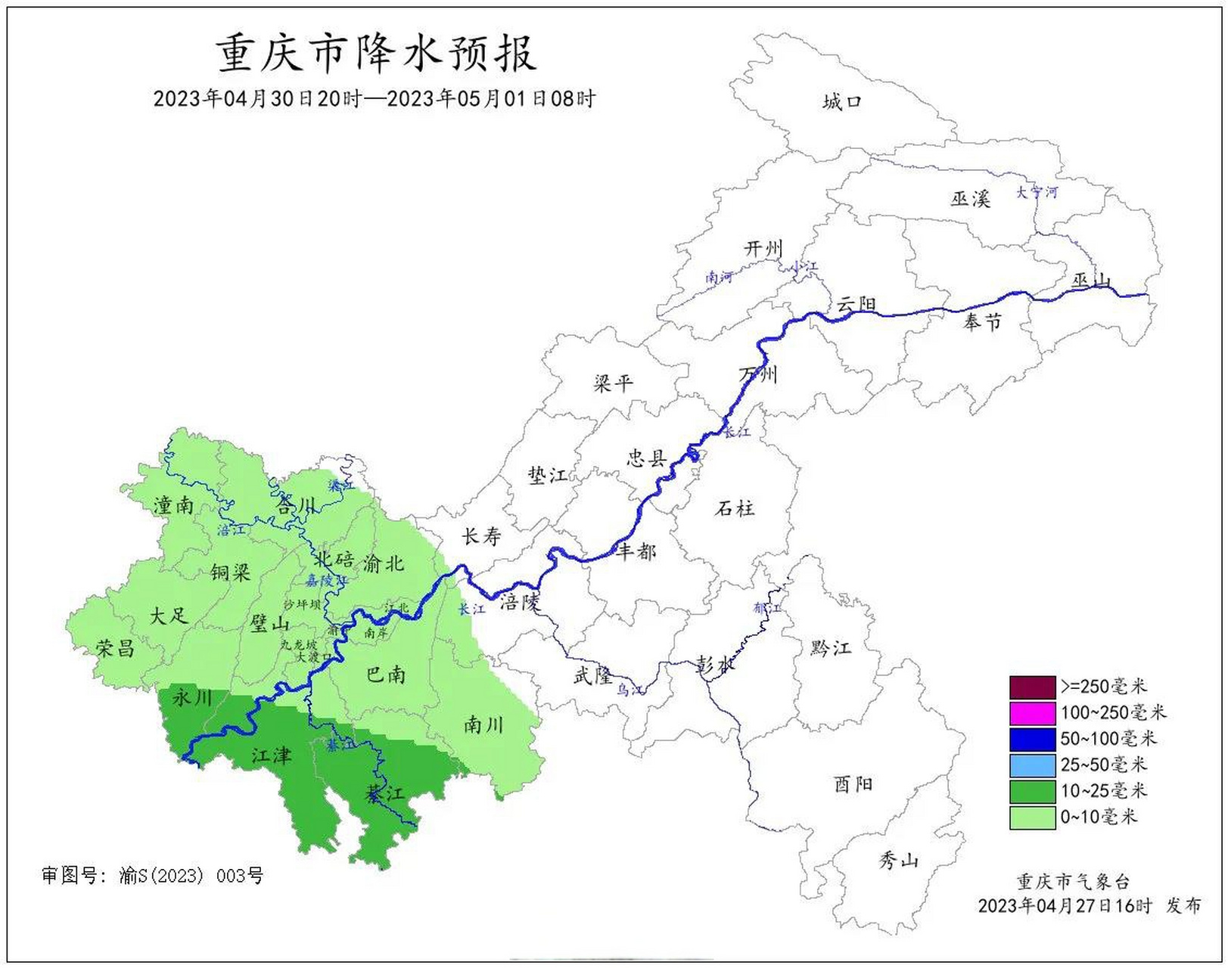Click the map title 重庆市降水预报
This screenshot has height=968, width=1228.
click(376, 54)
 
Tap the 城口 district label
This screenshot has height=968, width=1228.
click(842, 101)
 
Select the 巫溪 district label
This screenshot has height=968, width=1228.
click(970, 199)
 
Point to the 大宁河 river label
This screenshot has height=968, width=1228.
click(1036, 192)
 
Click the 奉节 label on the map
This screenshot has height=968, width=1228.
click(982, 322)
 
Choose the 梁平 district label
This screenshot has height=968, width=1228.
click(613, 383)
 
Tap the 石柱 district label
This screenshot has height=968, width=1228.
click(734, 508)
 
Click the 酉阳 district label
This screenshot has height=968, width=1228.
click(853, 784)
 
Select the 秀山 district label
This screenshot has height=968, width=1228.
click(898, 860)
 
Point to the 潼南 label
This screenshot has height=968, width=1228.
click(173, 505)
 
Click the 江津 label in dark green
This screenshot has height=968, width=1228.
click(271, 755)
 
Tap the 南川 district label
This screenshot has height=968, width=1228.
click(483, 725)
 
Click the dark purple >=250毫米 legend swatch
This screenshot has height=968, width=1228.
click(1032, 687)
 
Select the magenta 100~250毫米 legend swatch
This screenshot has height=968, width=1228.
click(1032, 713)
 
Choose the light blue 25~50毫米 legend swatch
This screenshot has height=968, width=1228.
click(1032, 765)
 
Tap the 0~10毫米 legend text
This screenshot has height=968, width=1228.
click(1099, 817)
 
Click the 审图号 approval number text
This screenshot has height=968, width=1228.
click(152, 876)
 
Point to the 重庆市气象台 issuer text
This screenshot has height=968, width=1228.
click(1072, 882)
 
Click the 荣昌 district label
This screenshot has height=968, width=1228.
click(115, 648)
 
